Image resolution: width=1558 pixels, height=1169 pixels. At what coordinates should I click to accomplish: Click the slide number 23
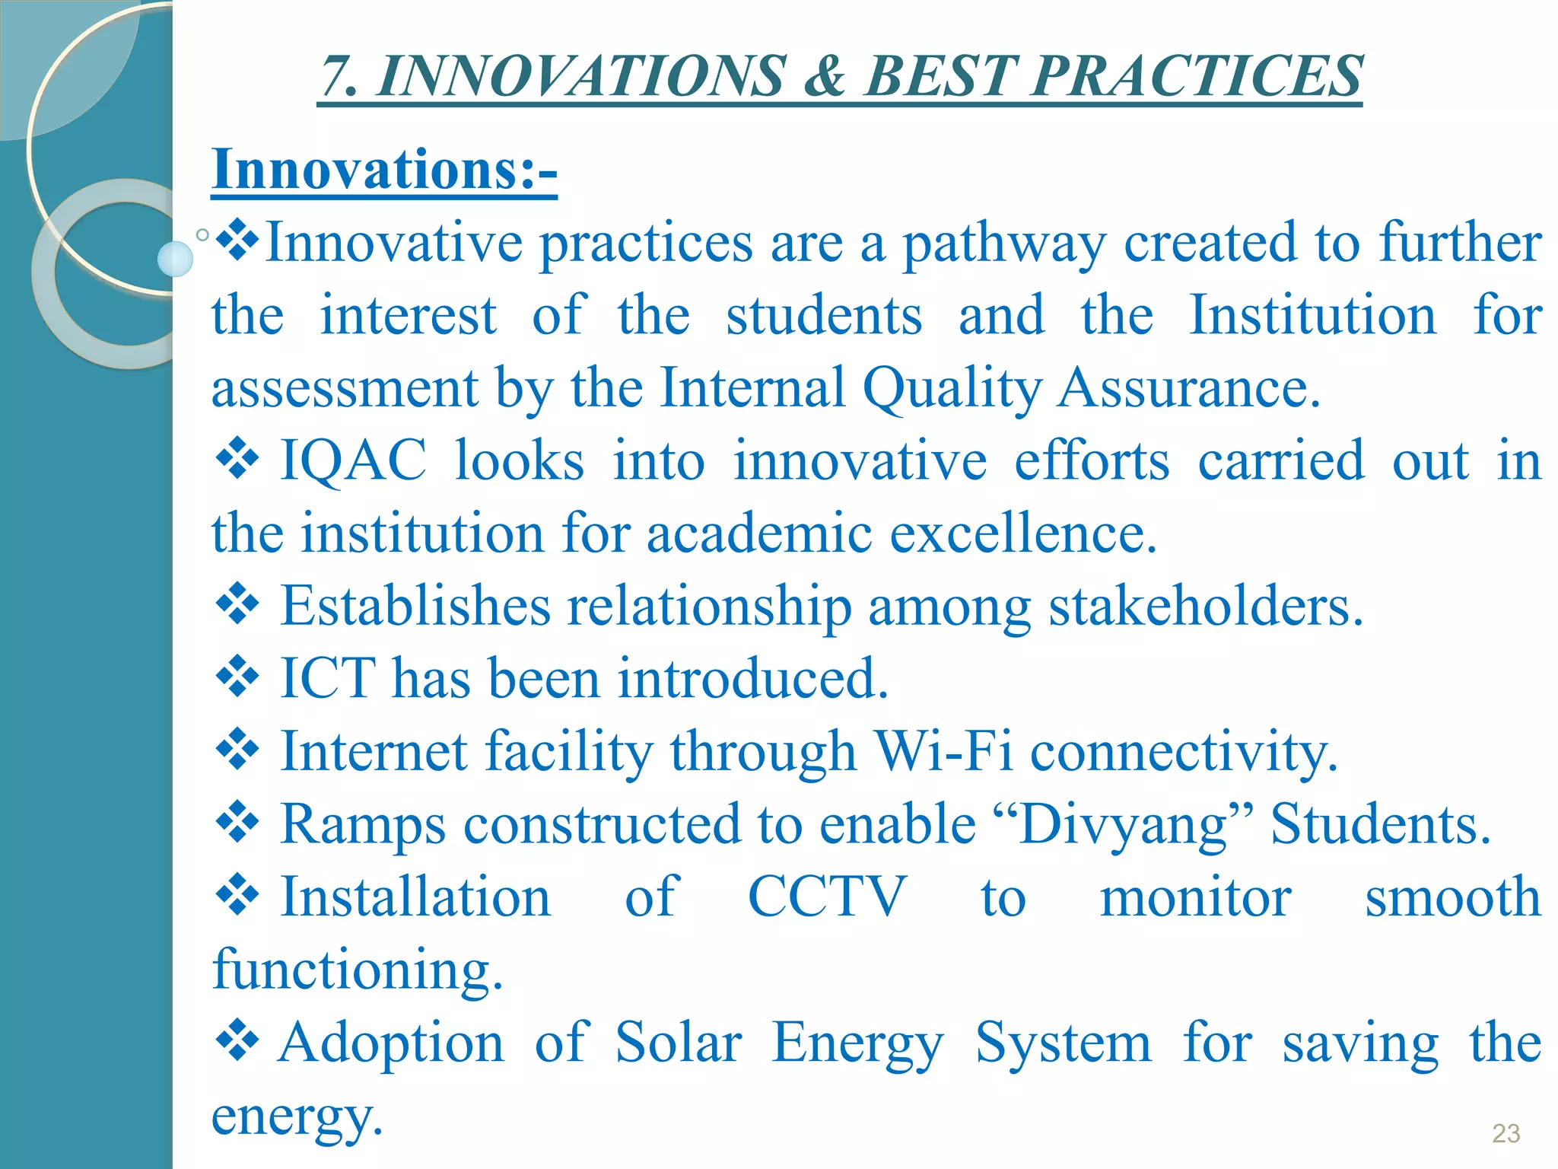point(1506,1133)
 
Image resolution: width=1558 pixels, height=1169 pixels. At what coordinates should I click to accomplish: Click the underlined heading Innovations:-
point(384,169)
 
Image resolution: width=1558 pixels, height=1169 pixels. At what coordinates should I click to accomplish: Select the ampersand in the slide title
point(825,76)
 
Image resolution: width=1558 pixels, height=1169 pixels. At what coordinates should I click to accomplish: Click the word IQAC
point(354,460)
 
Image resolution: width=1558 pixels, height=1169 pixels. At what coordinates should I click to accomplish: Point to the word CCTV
point(826,897)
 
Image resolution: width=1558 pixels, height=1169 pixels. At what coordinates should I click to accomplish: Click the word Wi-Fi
point(943,751)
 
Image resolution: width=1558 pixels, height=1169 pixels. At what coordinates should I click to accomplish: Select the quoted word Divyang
point(1123,824)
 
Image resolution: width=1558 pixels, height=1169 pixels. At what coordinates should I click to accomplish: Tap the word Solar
point(678,1042)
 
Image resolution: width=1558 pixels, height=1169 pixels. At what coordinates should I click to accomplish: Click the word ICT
point(328,678)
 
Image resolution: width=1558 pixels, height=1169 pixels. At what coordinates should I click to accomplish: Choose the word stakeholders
point(1206,607)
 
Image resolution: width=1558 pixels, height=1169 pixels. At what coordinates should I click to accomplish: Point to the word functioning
point(358,970)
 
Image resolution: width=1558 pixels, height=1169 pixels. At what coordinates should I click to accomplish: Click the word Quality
point(952,388)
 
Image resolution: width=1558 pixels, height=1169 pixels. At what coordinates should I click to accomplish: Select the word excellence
point(1023,534)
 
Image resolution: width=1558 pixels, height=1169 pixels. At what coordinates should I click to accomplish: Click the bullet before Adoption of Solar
point(238,1040)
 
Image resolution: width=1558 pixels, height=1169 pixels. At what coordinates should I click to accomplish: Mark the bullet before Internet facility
point(238,750)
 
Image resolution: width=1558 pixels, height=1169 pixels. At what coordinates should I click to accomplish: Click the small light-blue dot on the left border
point(175,259)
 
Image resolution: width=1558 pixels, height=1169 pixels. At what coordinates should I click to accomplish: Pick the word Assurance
point(1189,388)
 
